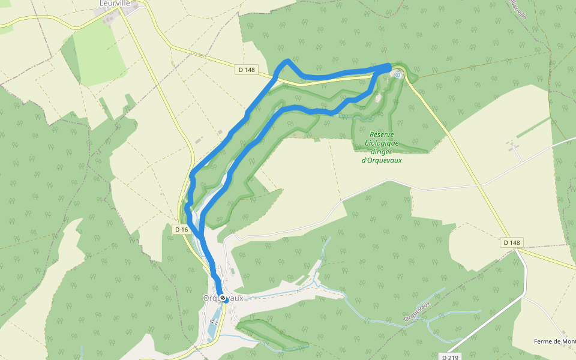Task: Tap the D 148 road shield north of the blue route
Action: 247,70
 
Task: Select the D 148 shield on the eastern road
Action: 512,242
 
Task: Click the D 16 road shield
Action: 182,229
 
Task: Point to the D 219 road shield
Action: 451,357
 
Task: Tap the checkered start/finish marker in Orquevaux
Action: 223,298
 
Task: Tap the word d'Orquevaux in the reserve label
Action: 382,160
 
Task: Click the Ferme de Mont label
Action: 554,341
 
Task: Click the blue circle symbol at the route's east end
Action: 397,75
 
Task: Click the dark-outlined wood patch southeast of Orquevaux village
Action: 273,334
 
